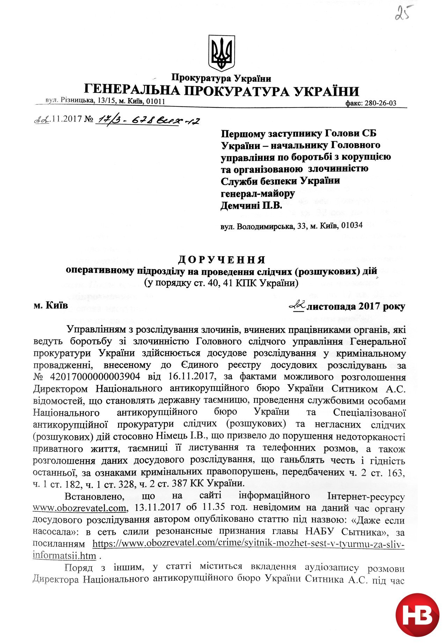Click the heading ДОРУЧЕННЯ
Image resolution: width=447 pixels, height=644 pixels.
[x=222, y=260]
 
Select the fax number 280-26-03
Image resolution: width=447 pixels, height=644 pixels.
[x=381, y=103]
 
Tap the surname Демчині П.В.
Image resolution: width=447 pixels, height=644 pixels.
[x=251, y=206]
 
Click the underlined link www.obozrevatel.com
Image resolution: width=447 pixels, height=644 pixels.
[x=79, y=508]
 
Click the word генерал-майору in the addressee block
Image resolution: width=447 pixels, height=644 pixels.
[x=258, y=193]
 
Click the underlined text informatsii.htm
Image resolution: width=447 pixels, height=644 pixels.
[x=64, y=555]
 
